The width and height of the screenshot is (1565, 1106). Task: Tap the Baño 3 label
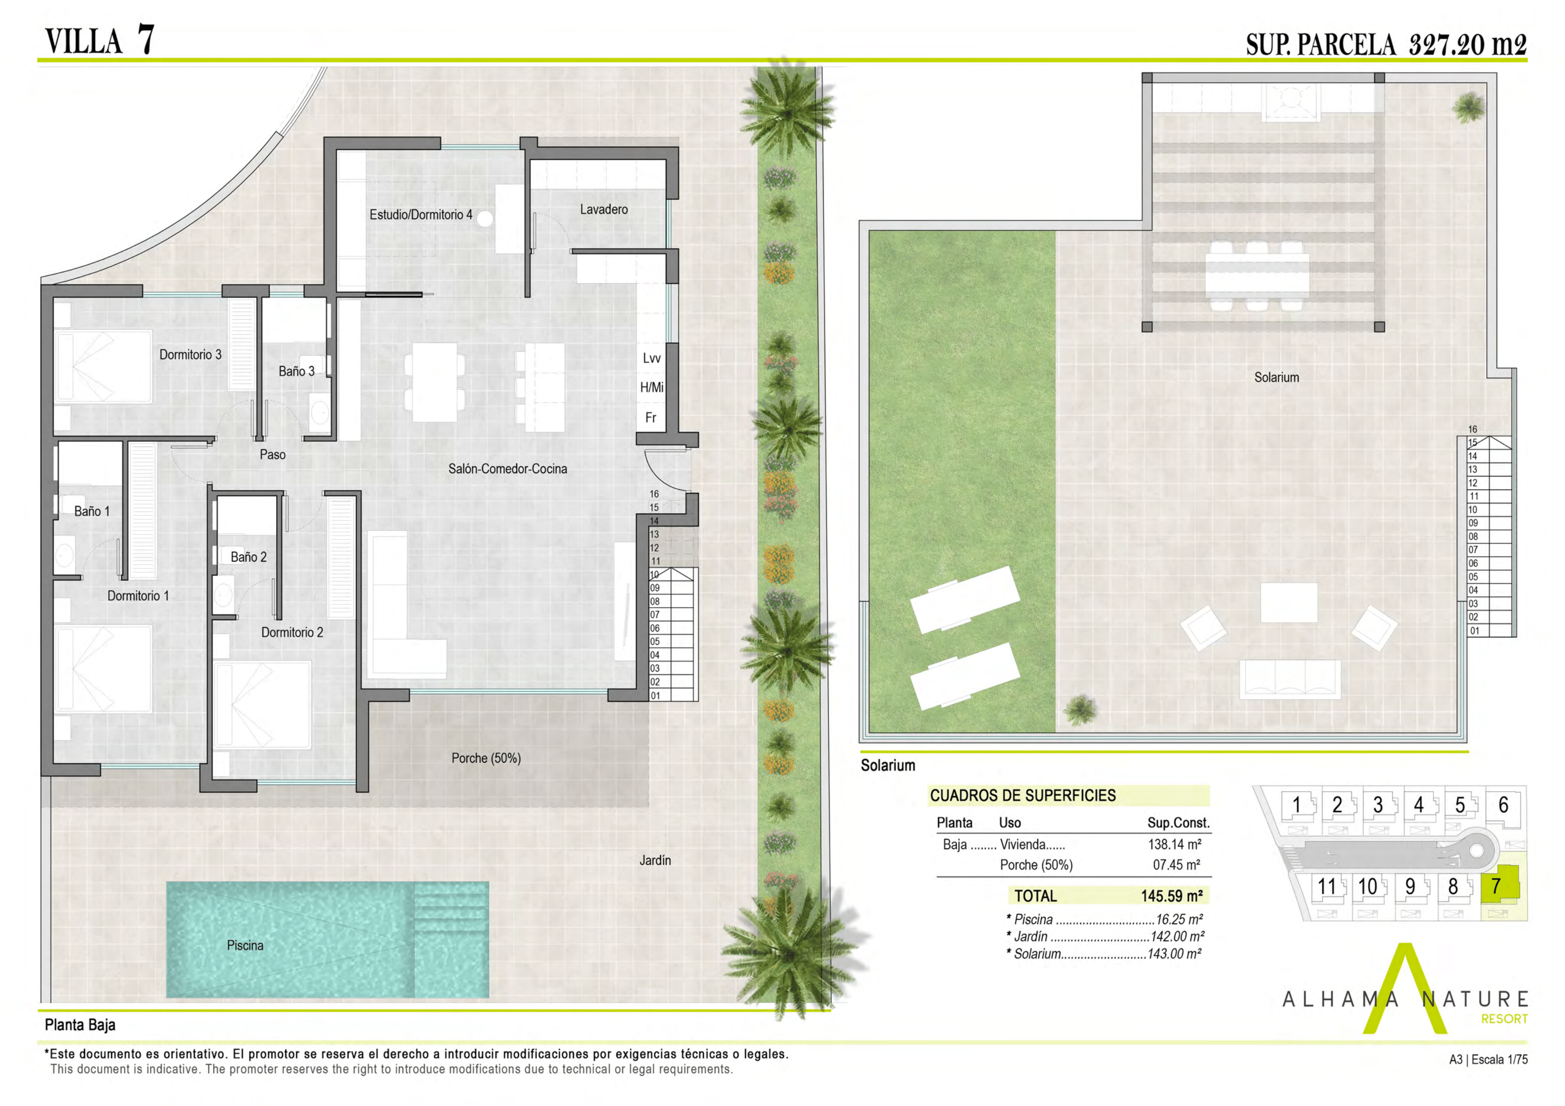click(297, 371)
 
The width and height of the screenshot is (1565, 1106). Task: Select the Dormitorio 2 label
click(292, 632)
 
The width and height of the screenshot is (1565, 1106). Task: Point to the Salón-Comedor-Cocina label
click(507, 469)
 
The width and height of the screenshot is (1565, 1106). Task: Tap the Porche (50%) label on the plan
click(486, 758)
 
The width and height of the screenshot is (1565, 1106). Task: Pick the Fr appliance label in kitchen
click(651, 418)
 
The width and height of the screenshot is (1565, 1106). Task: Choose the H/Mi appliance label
click(651, 388)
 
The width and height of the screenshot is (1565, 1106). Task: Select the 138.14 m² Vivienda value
click(1174, 845)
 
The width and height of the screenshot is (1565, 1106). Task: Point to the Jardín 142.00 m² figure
click(1177, 936)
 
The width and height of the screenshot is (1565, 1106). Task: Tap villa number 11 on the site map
click(1327, 887)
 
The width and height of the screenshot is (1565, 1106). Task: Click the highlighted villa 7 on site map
click(1495, 886)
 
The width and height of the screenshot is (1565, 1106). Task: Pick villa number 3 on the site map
click(1378, 805)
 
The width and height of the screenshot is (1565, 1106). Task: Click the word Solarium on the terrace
click(1277, 377)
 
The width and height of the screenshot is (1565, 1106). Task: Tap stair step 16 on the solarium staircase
click(1472, 429)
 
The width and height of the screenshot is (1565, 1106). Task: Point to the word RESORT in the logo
click(1504, 1019)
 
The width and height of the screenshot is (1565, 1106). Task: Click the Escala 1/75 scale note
click(1500, 1060)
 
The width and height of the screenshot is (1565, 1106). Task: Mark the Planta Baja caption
click(80, 1025)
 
